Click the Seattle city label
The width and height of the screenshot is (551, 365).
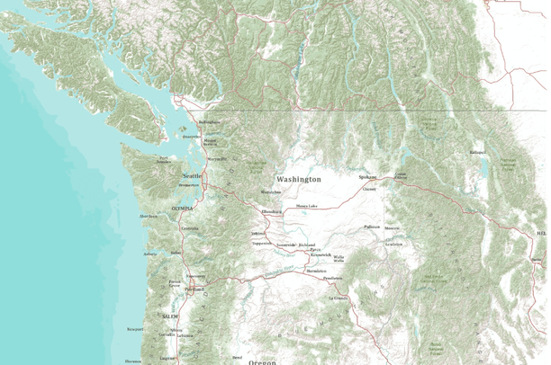pyautogui.click(x=193, y=175)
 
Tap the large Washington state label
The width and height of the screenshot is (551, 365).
pyautogui.click(x=298, y=180)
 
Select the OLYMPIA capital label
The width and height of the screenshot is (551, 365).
pyautogui.click(x=182, y=208)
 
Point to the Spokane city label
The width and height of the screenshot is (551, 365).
pyautogui.click(x=366, y=178)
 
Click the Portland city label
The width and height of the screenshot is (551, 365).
pyautogui.click(x=194, y=289)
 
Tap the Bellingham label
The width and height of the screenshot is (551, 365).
pyautogui.click(x=209, y=122)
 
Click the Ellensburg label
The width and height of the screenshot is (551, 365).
pyautogui.click(x=271, y=211)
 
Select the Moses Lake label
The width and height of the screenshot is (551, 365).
pyautogui.click(x=306, y=207)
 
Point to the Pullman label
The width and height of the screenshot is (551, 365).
pyautogui.click(x=372, y=227)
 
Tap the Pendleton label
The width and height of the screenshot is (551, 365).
pyautogui.click(x=333, y=279)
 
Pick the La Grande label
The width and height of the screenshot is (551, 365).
pyautogui.click(x=338, y=298)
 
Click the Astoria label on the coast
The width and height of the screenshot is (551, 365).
pyautogui.click(x=149, y=254)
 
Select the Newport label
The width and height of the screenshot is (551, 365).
pyautogui.click(x=135, y=329)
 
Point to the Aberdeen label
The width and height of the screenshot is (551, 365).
pyautogui.click(x=149, y=217)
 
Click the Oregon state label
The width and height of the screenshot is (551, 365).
pyautogui.click(x=262, y=361)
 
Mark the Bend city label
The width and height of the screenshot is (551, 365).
pyautogui.click(x=237, y=357)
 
